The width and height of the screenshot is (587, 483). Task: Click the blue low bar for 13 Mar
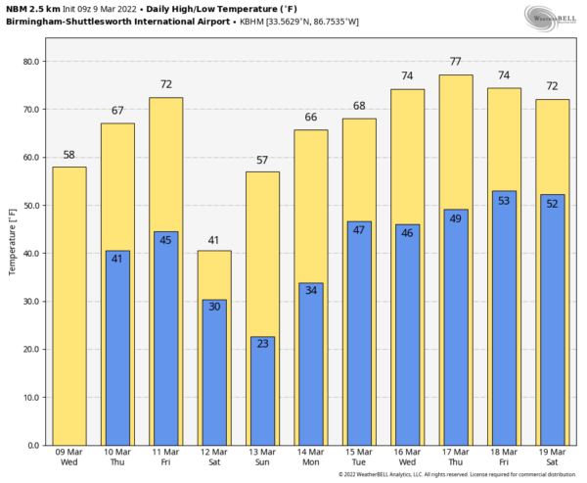point(262,392)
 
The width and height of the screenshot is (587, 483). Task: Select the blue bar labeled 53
point(504,318)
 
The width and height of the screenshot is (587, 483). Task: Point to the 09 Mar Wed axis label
point(68,459)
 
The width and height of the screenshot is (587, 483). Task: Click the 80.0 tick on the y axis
point(30,62)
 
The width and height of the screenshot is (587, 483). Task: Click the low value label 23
point(262,344)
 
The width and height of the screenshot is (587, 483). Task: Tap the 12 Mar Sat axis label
point(214,459)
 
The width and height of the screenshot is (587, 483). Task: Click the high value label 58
point(68,155)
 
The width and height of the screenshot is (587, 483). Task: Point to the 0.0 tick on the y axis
point(32,446)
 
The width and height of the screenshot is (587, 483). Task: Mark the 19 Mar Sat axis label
point(553,459)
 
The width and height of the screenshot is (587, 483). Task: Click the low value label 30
point(214,308)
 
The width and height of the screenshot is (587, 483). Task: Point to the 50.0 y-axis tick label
point(30,206)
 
